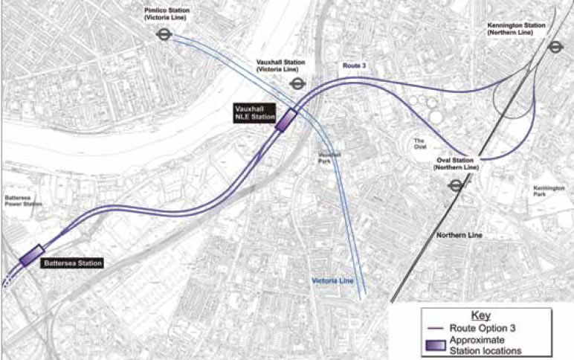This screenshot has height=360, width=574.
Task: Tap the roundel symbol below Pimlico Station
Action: pyautogui.click(x=164, y=34)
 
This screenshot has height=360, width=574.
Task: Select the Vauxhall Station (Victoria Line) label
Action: pyautogui.click(x=277, y=65)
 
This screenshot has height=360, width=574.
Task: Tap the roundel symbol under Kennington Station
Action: pyautogui.click(x=554, y=46)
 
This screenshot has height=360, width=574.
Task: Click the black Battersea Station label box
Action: pyautogui.click(x=71, y=263)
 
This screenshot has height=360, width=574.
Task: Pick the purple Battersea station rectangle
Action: pyautogui.click(x=33, y=255)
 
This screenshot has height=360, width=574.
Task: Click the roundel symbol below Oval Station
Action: pyautogui.click(x=454, y=185)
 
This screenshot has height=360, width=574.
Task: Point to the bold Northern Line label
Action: pyautogui.click(x=459, y=236)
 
